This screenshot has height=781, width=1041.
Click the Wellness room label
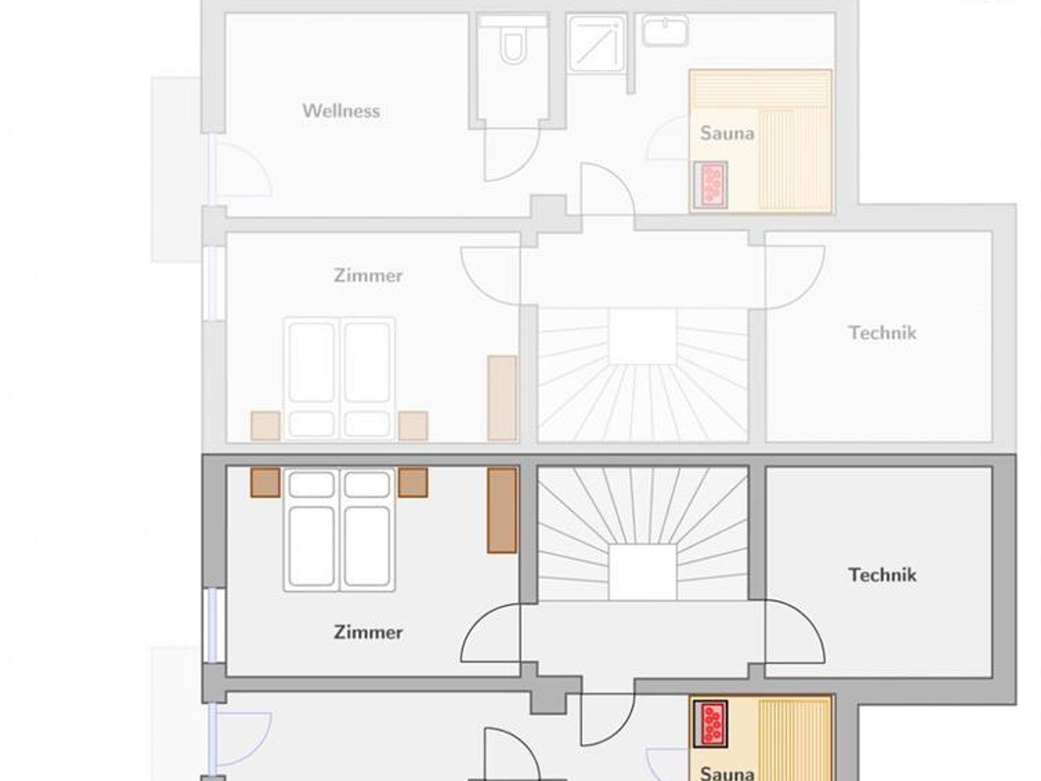tap(341, 111)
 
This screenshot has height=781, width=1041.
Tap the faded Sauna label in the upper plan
tap(727, 133)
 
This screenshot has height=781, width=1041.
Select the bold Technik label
tap(882, 575)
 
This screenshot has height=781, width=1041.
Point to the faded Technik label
tap(882, 333)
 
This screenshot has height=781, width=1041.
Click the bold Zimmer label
tap(368, 632)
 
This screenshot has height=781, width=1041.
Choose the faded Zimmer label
tap(368, 275)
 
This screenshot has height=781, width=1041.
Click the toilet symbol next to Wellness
tap(512, 46)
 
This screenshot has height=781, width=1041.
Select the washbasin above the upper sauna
tap(665, 30)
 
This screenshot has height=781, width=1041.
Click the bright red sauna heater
tap(711, 724)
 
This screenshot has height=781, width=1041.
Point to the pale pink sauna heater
tap(711, 185)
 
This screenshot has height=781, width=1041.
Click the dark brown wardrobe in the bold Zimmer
tap(502, 510)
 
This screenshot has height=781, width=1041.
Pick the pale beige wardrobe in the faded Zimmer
tap(502, 398)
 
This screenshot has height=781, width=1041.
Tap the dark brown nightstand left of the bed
tap(265, 482)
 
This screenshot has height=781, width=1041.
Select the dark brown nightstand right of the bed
tap(413, 482)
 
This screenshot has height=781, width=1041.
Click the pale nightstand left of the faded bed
tap(265, 426)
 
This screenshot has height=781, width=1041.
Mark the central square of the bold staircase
tap(643, 572)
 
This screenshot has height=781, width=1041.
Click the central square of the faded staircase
tap(643, 336)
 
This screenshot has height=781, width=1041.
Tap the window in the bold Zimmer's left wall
tap(215, 625)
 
